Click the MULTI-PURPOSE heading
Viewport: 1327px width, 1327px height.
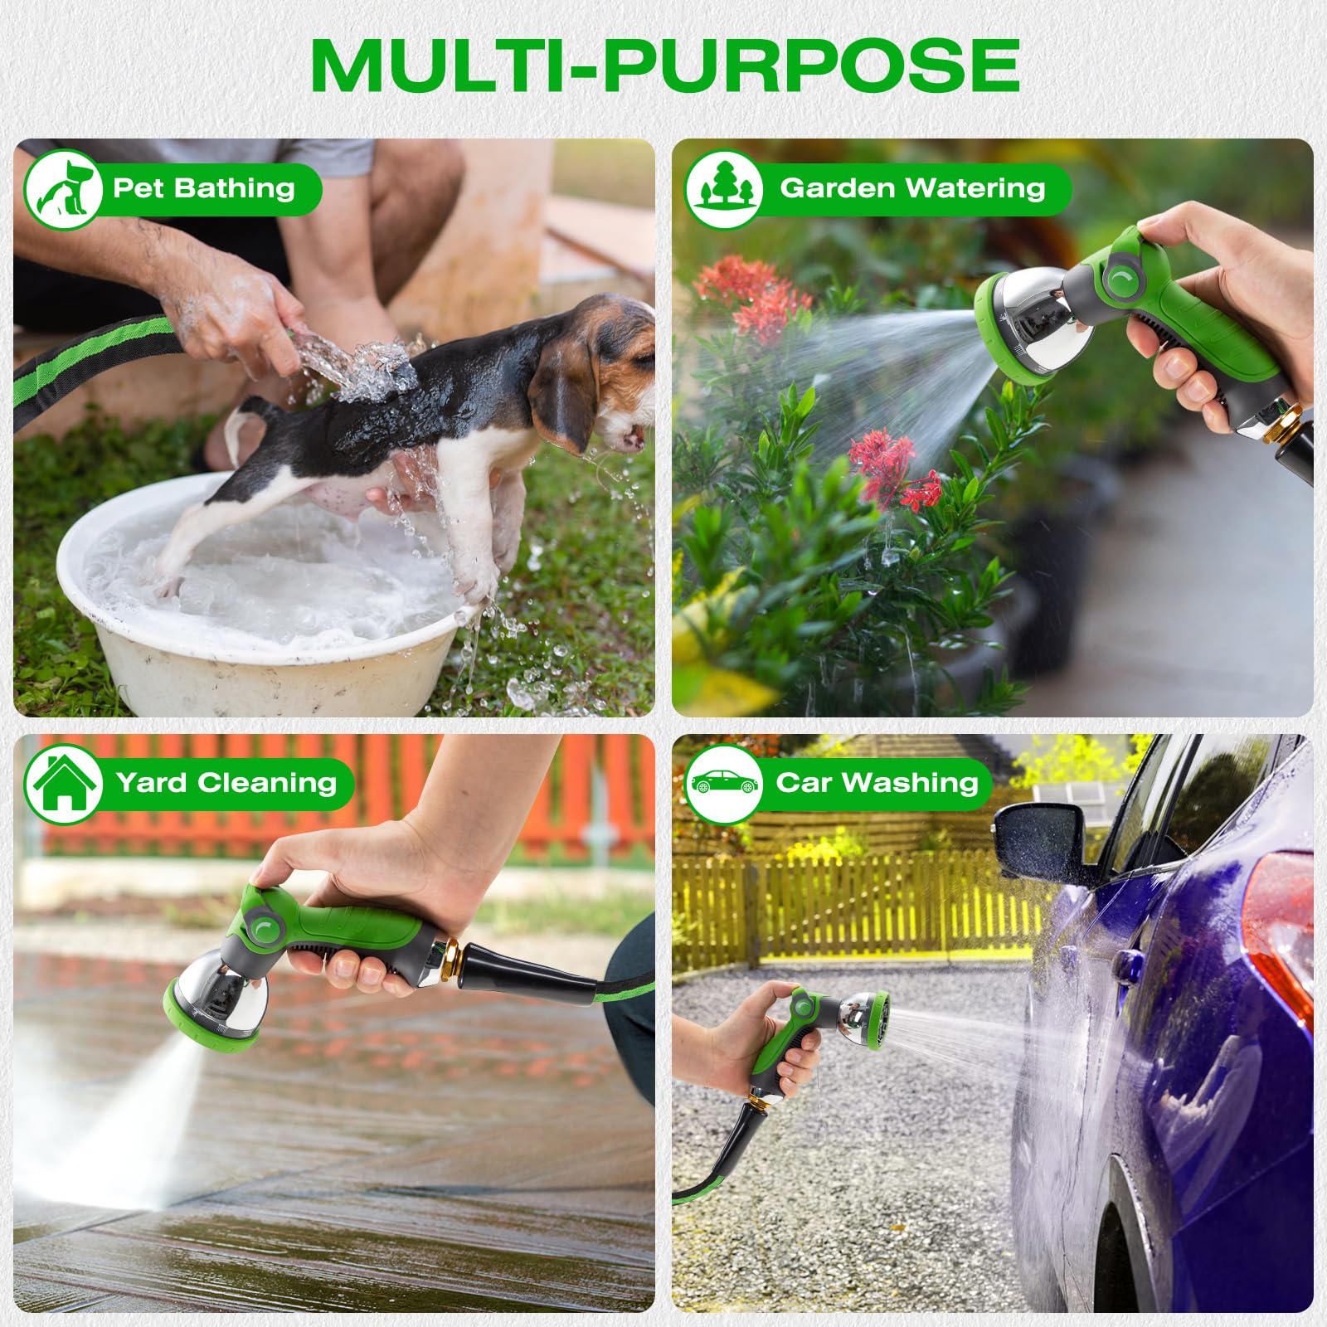pyautogui.click(x=665, y=66)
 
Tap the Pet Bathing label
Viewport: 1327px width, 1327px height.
pyautogui.click(x=204, y=188)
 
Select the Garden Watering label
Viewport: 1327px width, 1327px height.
pyautogui.click(x=912, y=188)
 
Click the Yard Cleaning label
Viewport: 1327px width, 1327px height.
pyautogui.click(x=226, y=783)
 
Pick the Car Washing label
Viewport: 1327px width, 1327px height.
pyautogui.click(x=877, y=783)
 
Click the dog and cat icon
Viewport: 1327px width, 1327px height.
pyautogui.click(x=65, y=189)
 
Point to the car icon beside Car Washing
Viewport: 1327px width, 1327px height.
pyautogui.click(x=724, y=783)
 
